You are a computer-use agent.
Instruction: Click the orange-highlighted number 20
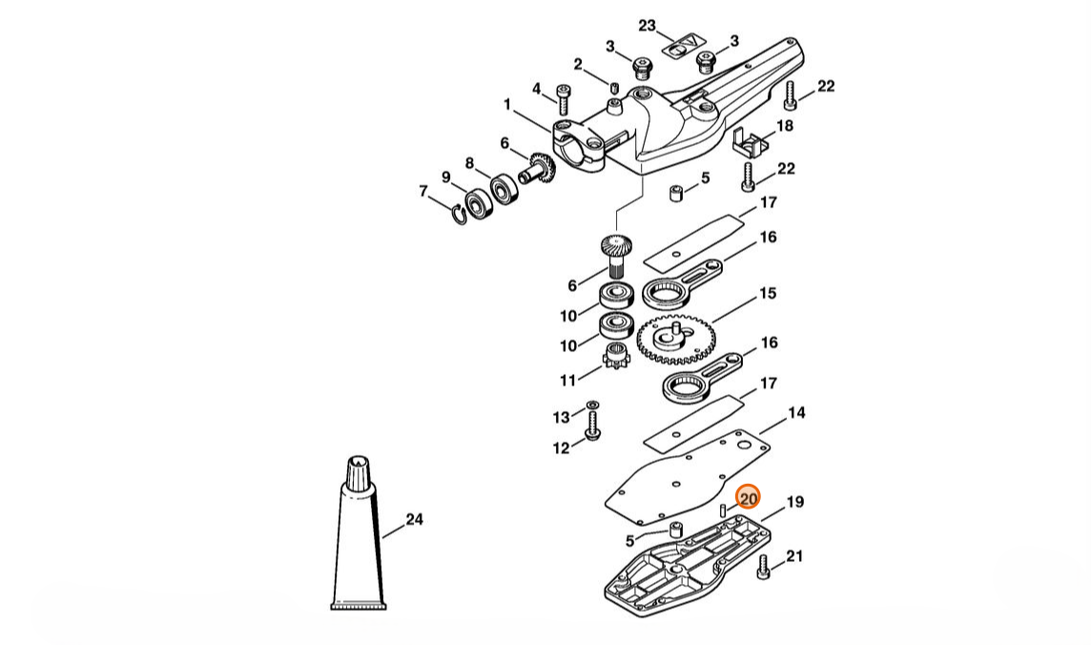pos(748,498)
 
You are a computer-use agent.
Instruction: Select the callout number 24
pos(414,519)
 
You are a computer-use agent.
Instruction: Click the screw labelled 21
pos(763,567)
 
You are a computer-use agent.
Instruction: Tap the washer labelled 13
pos(592,405)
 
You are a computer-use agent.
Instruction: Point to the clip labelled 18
pos(751,142)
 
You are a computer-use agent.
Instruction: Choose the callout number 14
pos(796,412)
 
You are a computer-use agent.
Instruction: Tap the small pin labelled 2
pos(614,88)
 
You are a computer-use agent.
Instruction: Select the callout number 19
pos(795,502)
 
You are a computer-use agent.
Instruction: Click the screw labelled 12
pos(593,426)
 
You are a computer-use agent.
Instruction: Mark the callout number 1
pos(507,104)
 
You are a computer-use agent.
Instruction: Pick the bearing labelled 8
pos(504,188)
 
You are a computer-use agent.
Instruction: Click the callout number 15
pos(768,293)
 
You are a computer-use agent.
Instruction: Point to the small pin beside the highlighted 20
pos(724,510)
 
